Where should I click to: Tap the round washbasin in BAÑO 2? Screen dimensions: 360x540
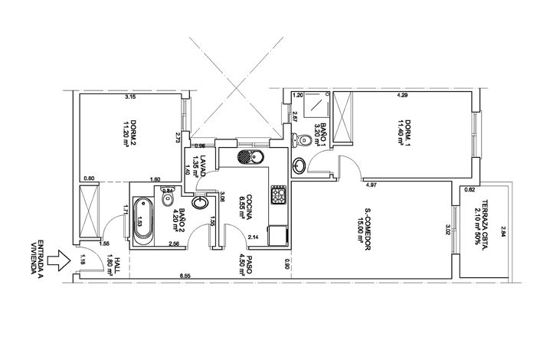click(x=200, y=203)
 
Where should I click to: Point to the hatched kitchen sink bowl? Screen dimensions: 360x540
click(x=244, y=157)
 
